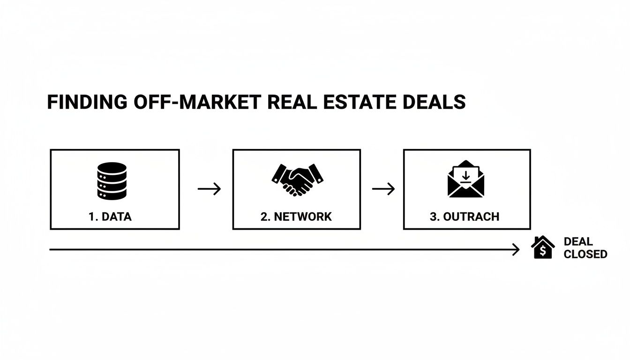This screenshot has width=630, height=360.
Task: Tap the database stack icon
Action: click(112, 180)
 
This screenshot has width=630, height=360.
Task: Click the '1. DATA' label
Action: click(110, 217)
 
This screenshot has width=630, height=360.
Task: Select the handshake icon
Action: click(297, 179)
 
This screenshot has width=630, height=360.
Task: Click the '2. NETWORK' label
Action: click(296, 217)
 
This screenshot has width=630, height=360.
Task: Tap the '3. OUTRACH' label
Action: click(464, 217)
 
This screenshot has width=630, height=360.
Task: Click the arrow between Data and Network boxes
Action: click(209, 189)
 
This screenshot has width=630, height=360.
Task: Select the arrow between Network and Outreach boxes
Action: click(383, 189)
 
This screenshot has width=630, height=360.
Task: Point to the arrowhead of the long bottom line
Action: click(517, 250)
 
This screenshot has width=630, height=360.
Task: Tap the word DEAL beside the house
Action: click(578, 242)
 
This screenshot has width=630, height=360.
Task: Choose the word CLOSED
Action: click(585, 255)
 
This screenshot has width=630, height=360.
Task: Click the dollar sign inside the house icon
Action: click(543, 251)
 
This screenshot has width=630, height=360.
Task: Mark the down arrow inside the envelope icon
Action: click(465, 176)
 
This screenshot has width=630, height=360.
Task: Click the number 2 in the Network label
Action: click(264, 217)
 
